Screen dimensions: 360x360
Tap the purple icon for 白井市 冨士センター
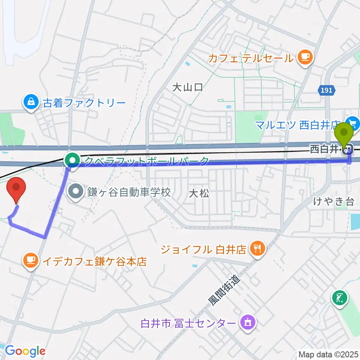pyautogui.click(x=248, y=322)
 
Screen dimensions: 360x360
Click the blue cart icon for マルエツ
pyautogui.click(x=353, y=123)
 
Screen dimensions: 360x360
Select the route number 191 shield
pyautogui.click(x=325, y=90)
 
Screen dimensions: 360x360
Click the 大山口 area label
pyautogui.click(x=187, y=88)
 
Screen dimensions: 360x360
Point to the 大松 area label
pyautogui.click(x=199, y=193)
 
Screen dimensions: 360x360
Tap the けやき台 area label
pyautogui.click(x=334, y=202)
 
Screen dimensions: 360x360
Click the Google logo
pyautogui.click(x=25, y=351)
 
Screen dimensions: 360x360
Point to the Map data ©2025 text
pyautogui.click(x=328, y=354)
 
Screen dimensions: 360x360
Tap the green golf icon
pyautogui.click(x=339, y=299)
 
